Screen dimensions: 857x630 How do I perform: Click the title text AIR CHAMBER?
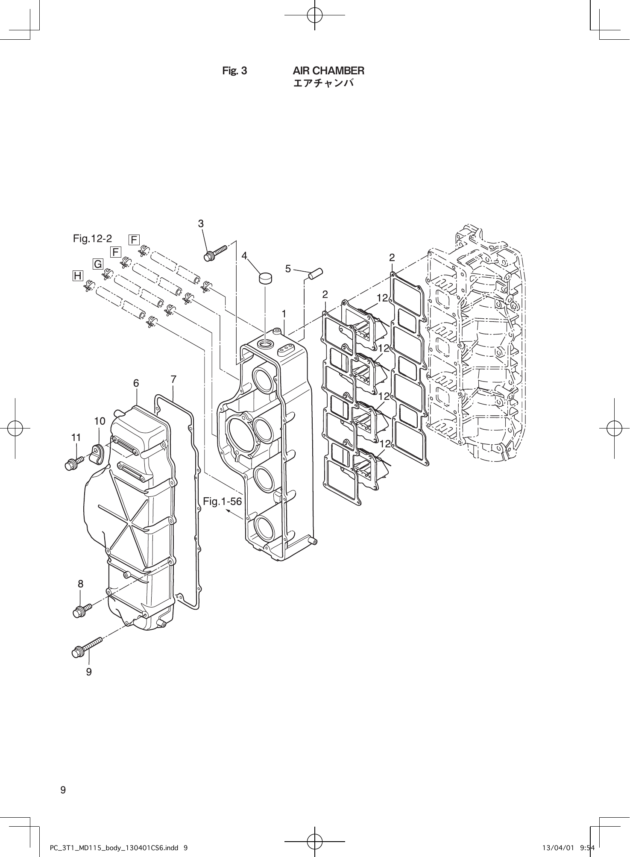[x=328, y=70]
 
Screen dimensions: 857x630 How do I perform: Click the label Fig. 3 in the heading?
[x=234, y=70]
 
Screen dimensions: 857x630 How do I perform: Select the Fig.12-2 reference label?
[x=92, y=238]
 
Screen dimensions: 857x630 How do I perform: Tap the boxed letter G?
[x=98, y=264]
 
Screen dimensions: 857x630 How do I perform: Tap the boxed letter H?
[x=78, y=276]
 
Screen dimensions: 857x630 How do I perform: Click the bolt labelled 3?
[x=216, y=252]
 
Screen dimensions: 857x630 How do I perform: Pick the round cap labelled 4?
[x=265, y=278]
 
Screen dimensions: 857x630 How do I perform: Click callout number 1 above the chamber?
[x=284, y=314]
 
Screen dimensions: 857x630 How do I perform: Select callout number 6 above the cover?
[x=136, y=383]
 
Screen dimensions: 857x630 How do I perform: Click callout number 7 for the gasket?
[x=173, y=379]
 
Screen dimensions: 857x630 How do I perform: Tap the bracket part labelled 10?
[x=99, y=453]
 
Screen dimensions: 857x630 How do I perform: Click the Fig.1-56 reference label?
[x=222, y=501]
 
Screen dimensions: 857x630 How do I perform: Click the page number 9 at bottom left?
[x=63, y=789]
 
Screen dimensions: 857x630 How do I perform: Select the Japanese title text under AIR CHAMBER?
[x=323, y=83]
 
